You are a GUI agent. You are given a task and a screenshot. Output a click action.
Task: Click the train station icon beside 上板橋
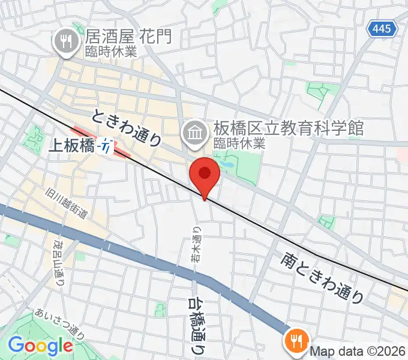(x=106, y=145)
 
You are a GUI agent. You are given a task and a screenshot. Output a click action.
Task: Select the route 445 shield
(x=382, y=28)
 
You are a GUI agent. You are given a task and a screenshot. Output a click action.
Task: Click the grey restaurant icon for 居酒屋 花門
(x=64, y=41)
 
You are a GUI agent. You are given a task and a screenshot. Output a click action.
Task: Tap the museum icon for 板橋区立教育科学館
(x=194, y=130)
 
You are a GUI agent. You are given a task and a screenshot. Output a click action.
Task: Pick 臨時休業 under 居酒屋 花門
(x=112, y=52)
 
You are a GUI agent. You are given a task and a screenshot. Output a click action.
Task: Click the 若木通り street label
(x=196, y=243)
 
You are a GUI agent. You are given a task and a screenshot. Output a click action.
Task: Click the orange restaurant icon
(x=296, y=341)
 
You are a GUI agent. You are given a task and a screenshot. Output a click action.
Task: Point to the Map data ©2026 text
(x=358, y=352)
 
